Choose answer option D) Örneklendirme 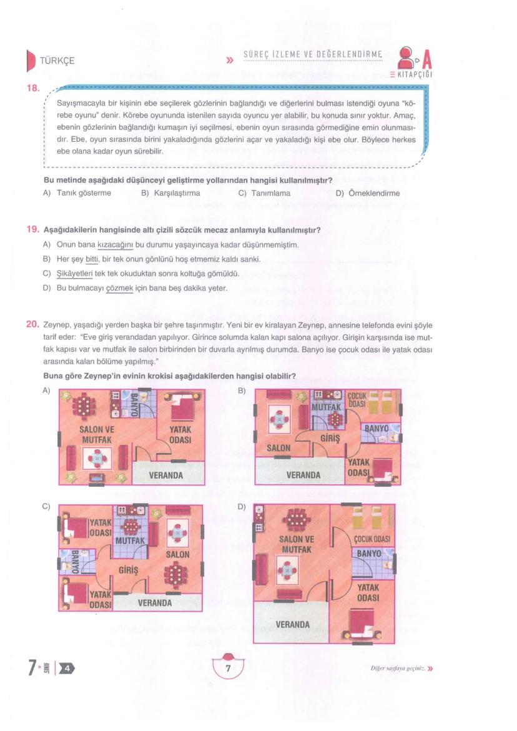(x=368, y=193)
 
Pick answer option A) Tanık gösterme (x=77, y=193)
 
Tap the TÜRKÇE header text (x=57, y=61)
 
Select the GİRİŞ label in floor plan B (x=329, y=439)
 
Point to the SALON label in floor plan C (x=177, y=554)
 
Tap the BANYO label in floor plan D (x=372, y=554)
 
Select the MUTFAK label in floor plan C (x=130, y=539)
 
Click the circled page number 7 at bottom (x=229, y=669)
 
